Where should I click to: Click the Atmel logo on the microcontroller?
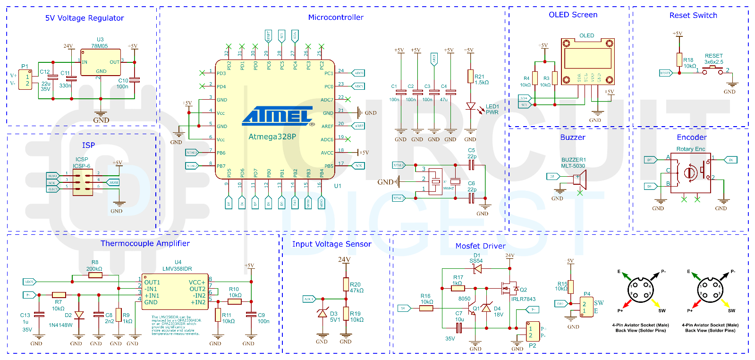pos(278,116)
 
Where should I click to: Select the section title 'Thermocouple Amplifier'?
pos(145,244)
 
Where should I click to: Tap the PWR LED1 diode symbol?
pos(470,106)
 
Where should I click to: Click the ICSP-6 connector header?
pos(83,182)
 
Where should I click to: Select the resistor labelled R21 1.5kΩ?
pos(470,77)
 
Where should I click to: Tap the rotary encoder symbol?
pos(690,172)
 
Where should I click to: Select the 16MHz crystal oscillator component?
pos(436,182)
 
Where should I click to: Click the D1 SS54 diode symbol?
pos(477,269)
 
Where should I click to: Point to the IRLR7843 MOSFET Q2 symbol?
pos(509,288)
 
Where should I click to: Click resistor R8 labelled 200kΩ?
pos(95,275)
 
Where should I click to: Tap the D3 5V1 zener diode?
pos(322,314)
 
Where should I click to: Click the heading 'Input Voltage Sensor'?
pos(331,244)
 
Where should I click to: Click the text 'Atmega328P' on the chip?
pos(272,137)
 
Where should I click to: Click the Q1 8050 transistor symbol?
pos(472,310)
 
